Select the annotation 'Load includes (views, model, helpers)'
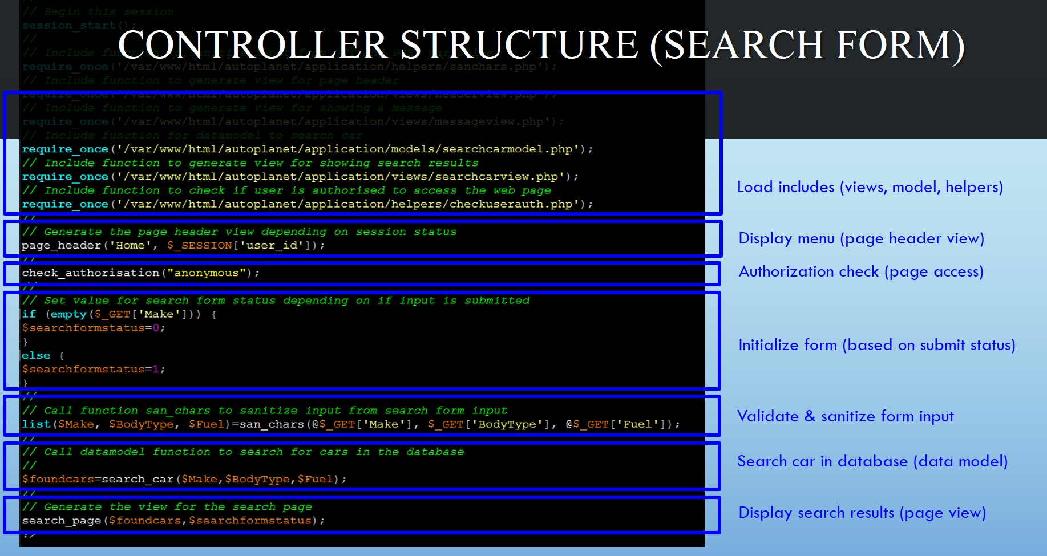[x=870, y=187]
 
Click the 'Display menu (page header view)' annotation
[x=861, y=238]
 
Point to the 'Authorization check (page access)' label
[x=861, y=271]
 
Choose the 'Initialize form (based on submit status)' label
[x=876, y=345]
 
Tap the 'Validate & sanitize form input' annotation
[x=845, y=416]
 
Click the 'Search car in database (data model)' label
[x=872, y=461]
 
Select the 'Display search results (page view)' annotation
[x=862, y=513]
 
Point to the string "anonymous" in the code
[x=206, y=273]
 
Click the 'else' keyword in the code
[x=36, y=355]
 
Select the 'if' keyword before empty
[x=29, y=314]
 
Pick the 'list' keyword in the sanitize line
[x=36, y=424]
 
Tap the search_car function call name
[x=138, y=479]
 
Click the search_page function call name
[x=61, y=521]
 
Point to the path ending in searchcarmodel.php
[x=349, y=149]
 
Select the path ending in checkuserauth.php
[x=349, y=204]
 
